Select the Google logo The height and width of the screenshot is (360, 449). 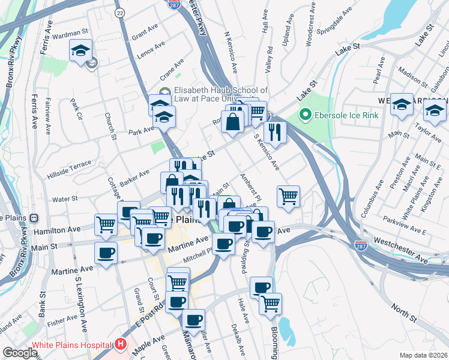[20, 353]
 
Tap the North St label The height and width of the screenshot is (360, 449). [403, 310]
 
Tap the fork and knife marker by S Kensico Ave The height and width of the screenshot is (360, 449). [275, 132]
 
